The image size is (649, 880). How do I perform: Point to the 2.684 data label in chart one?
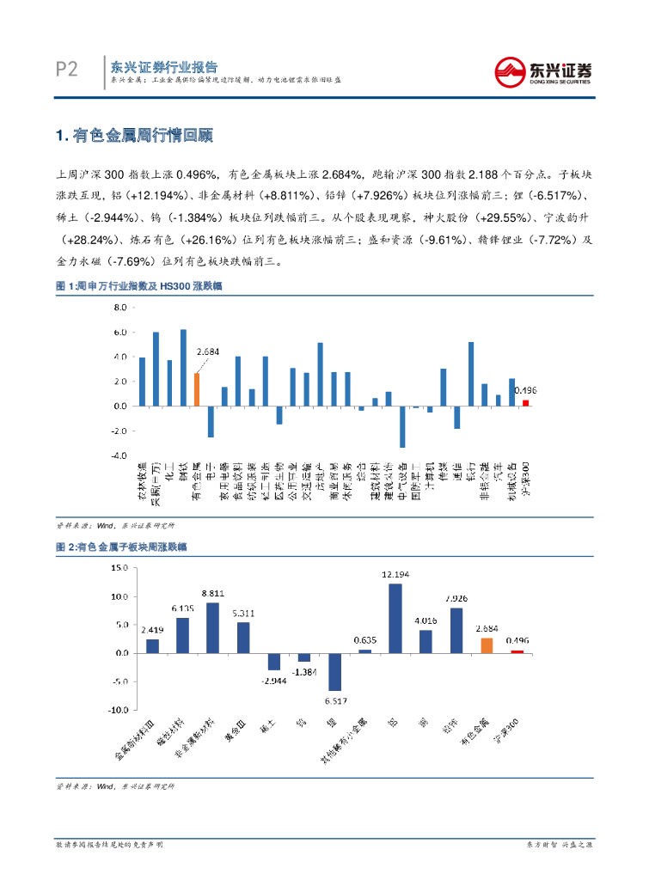(208, 351)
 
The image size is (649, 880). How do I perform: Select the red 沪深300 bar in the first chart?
(526, 402)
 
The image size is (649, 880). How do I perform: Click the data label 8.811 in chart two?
(212, 593)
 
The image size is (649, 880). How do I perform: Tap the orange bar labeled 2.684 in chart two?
(487, 645)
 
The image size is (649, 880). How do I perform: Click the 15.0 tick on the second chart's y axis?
(118, 568)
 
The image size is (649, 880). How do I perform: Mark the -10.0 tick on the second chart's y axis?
(116, 711)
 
